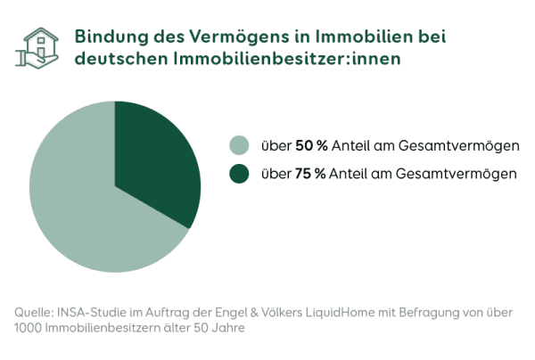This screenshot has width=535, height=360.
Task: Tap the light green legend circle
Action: click(x=239, y=145)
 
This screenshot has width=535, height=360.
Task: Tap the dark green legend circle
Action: click(x=239, y=174)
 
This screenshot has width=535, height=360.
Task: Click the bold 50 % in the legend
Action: click(x=310, y=145)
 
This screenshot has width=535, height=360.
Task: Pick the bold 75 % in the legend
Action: click(x=310, y=175)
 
